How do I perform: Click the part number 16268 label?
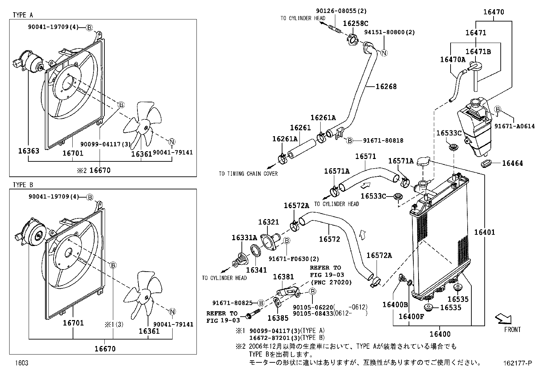(x=386, y=87)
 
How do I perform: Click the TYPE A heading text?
(x=23, y=15)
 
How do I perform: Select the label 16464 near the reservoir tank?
(x=512, y=163)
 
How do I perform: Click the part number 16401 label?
(x=484, y=232)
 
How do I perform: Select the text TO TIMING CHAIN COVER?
(x=248, y=174)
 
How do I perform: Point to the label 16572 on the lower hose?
(x=329, y=239)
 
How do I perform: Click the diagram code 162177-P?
(x=517, y=363)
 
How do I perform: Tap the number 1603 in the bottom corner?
(x=21, y=363)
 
